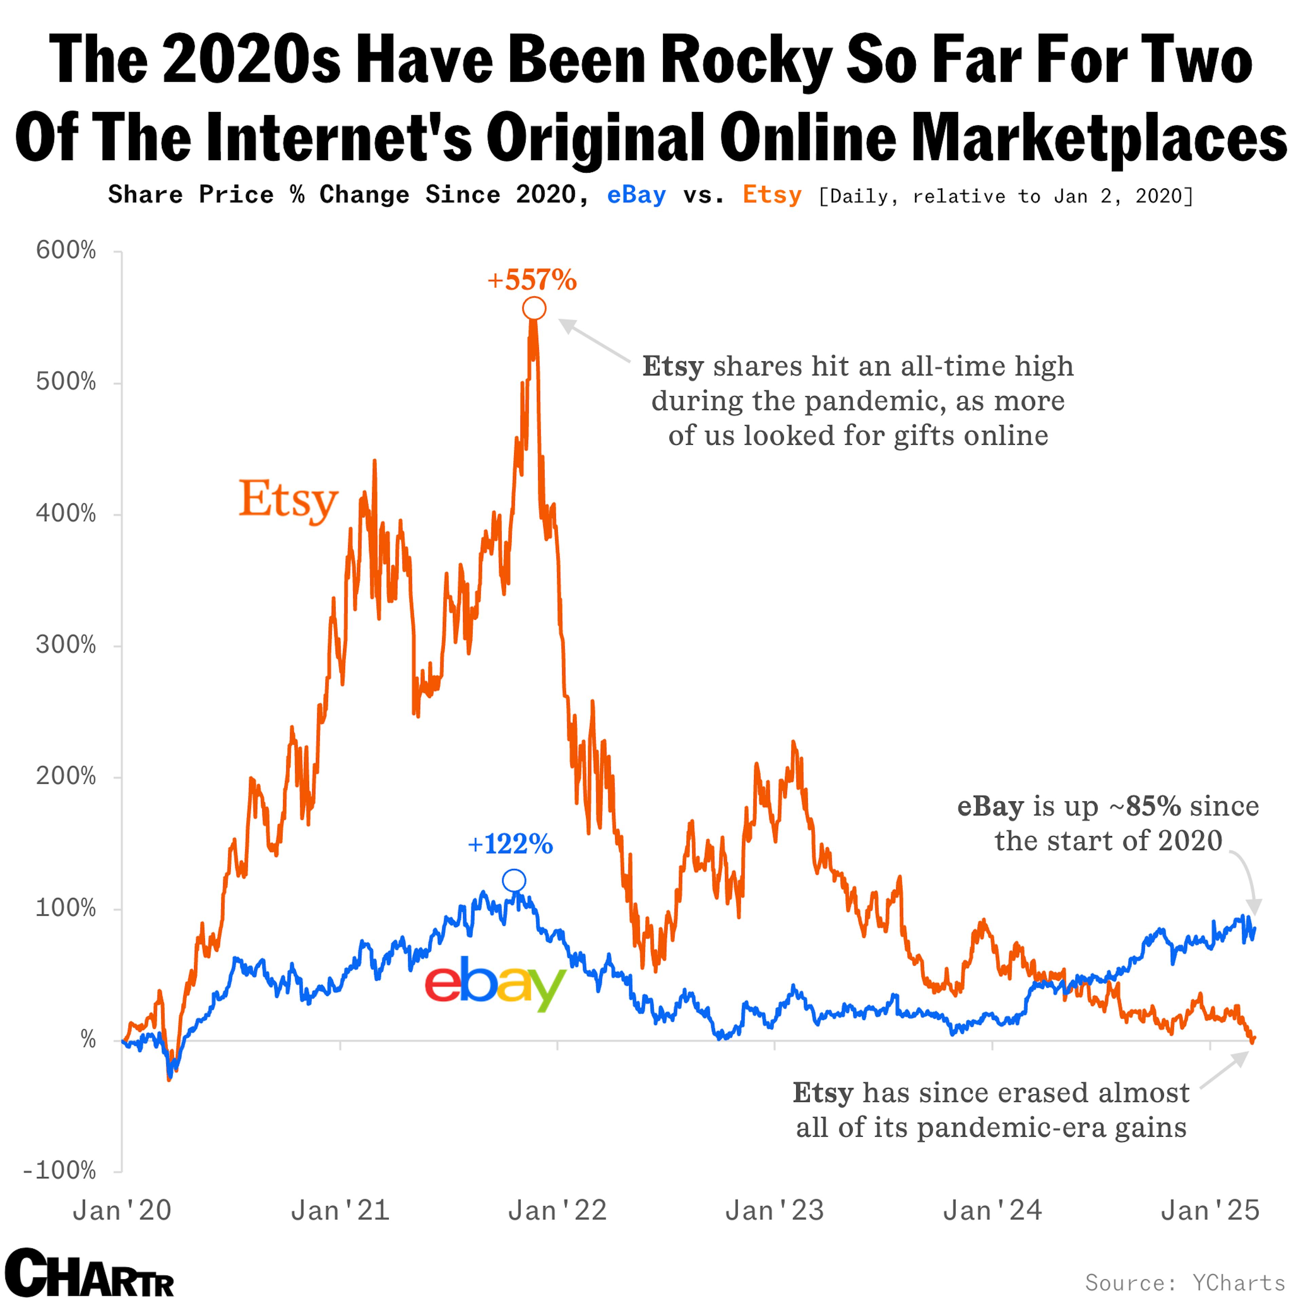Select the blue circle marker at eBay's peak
click(x=514, y=881)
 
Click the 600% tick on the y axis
click(x=66, y=251)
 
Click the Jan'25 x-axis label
click(x=1210, y=1211)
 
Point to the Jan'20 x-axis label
click(x=122, y=1211)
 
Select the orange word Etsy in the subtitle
click(x=772, y=195)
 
